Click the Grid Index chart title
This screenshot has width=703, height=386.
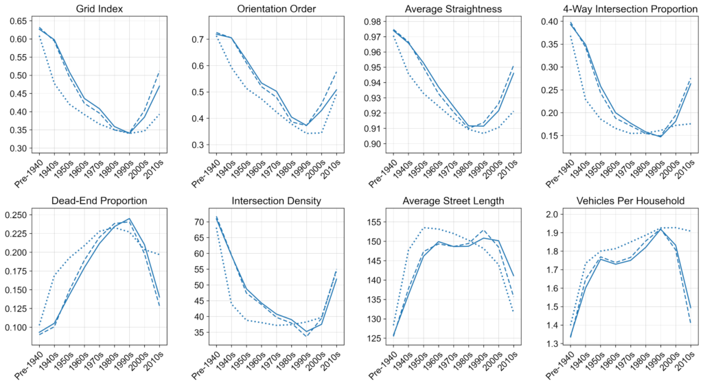[101, 9]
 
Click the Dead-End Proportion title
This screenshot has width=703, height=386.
[101, 200]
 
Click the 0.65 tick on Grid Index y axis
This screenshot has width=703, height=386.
[19, 21]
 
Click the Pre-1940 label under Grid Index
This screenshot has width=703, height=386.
[29, 171]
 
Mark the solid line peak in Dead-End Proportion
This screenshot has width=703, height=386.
[130, 219]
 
